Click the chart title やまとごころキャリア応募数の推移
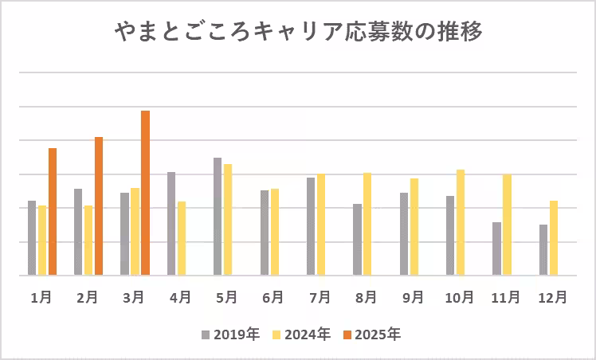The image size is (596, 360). [297, 33]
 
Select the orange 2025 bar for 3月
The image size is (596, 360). [145, 193]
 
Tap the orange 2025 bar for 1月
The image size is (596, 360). [53, 211]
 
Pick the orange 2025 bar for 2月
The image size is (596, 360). [99, 205]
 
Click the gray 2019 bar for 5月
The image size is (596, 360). [218, 216]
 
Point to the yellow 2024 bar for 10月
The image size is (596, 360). [461, 222]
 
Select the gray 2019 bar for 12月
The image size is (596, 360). [543, 249]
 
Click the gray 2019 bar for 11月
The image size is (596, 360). [497, 248]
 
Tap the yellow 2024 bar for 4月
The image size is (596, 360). [182, 238]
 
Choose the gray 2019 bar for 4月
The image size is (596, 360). [171, 223]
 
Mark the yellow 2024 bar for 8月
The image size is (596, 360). [367, 224]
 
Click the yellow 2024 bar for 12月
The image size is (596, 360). [554, 237]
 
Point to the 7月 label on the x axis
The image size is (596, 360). [320, 297]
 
